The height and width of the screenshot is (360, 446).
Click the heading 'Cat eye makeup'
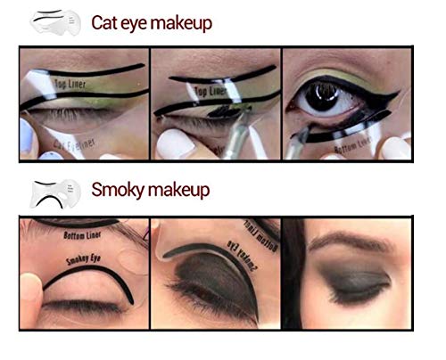click(152, 23)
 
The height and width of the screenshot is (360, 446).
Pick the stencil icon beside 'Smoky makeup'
click(54, 190)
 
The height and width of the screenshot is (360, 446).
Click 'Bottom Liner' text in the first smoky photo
click(86, 237)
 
